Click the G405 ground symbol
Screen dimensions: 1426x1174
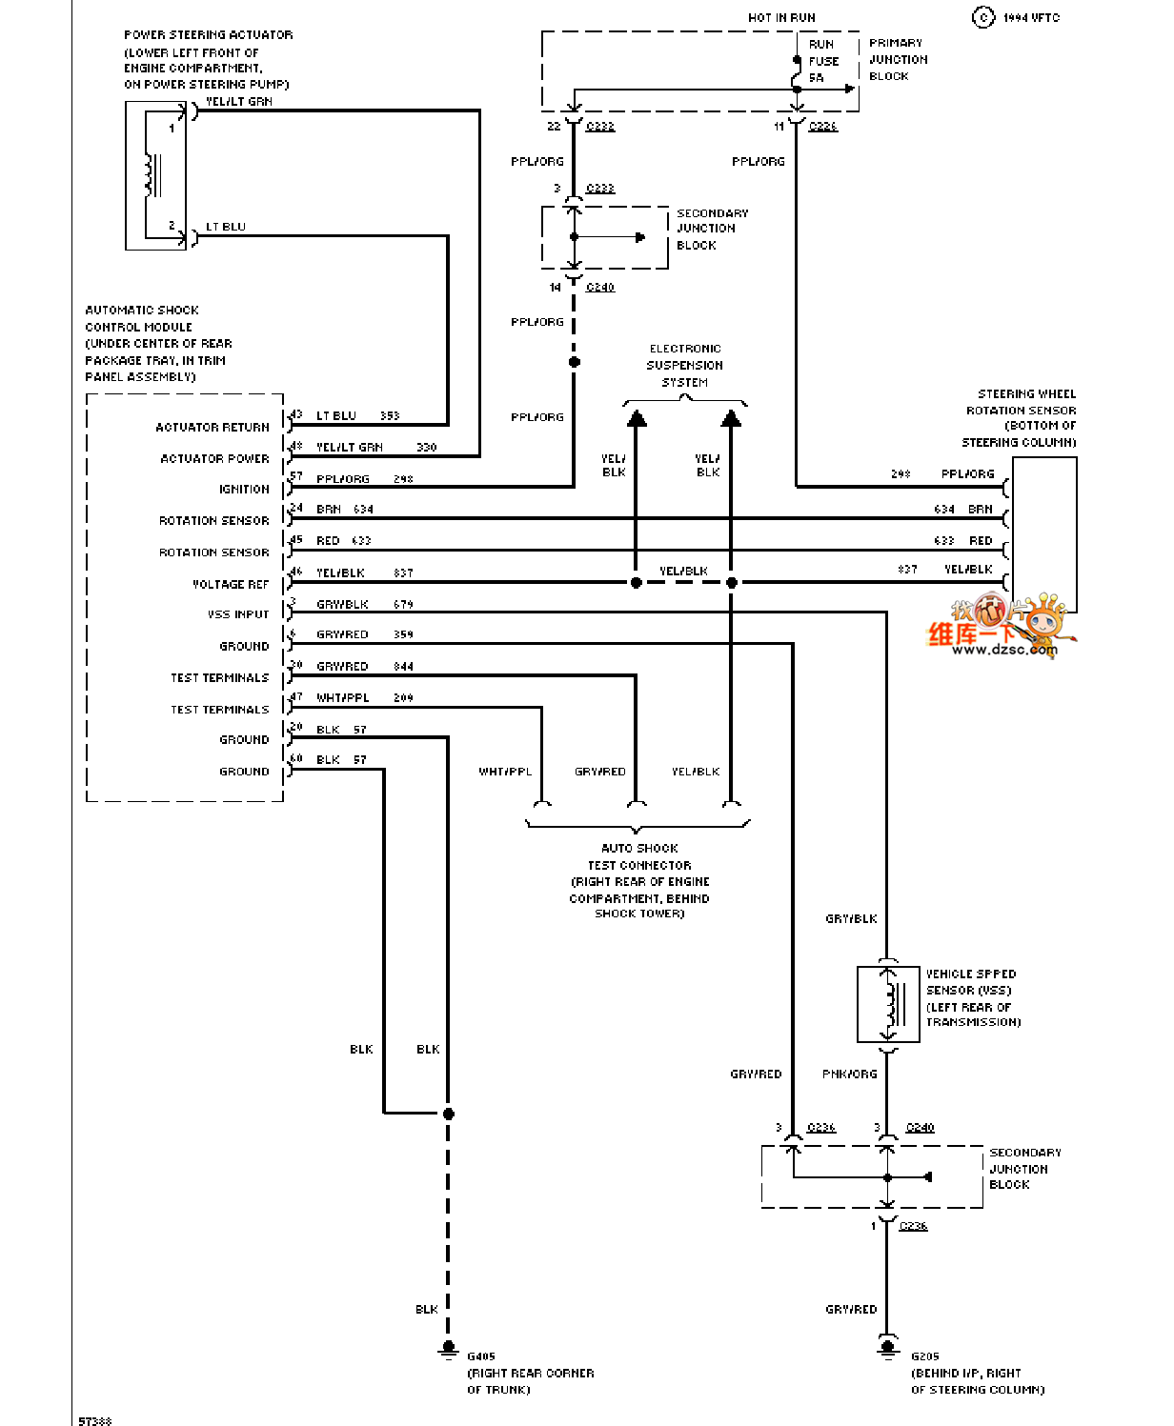pyautogui.click(x=448, y=1348)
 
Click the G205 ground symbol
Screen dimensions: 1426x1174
pyautogui.click(x=887, y=1347)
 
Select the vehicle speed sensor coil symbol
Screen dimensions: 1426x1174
pyautogui.click(x=891, y=1004)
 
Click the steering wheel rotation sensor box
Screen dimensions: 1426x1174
pyautogui.click(x=1044, y=534)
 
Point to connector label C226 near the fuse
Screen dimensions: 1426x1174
pyautogui.click(x=822, y=127)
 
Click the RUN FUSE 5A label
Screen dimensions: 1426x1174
pyautogui.click(x=822, y=61)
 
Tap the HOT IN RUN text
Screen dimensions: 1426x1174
pyautogui.click(x=781, y=17)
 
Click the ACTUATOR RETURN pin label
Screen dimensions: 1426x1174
pyautogui.click(x=213, y=428)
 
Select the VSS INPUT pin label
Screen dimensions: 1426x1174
pyautogui.click(x=238, y=614)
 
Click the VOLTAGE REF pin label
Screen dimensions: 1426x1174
pyautogui.click(x=231, y=584)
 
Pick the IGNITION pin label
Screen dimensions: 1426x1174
pyautogui.click(x=244, y=490)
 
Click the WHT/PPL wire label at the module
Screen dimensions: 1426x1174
pyautogui.click(x=343, y=698)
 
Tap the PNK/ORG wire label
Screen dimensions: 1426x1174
pyautogui.click(x=849, y=1075)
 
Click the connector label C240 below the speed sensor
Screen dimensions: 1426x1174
pyautogui.click(x=920, y=1128)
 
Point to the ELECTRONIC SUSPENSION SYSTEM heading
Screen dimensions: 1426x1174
pyautogui.click(x=685, y=366)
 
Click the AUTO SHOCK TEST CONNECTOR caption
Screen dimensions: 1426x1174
pyautogui.click(x=639, y=880)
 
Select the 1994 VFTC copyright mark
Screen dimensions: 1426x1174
pyautogui.click(x=1016, y=17)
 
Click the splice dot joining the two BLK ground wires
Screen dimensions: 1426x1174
pyautogui.click(x=449, y=1114)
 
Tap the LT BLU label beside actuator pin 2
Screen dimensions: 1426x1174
pyautogui.click(x=226, y=227)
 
